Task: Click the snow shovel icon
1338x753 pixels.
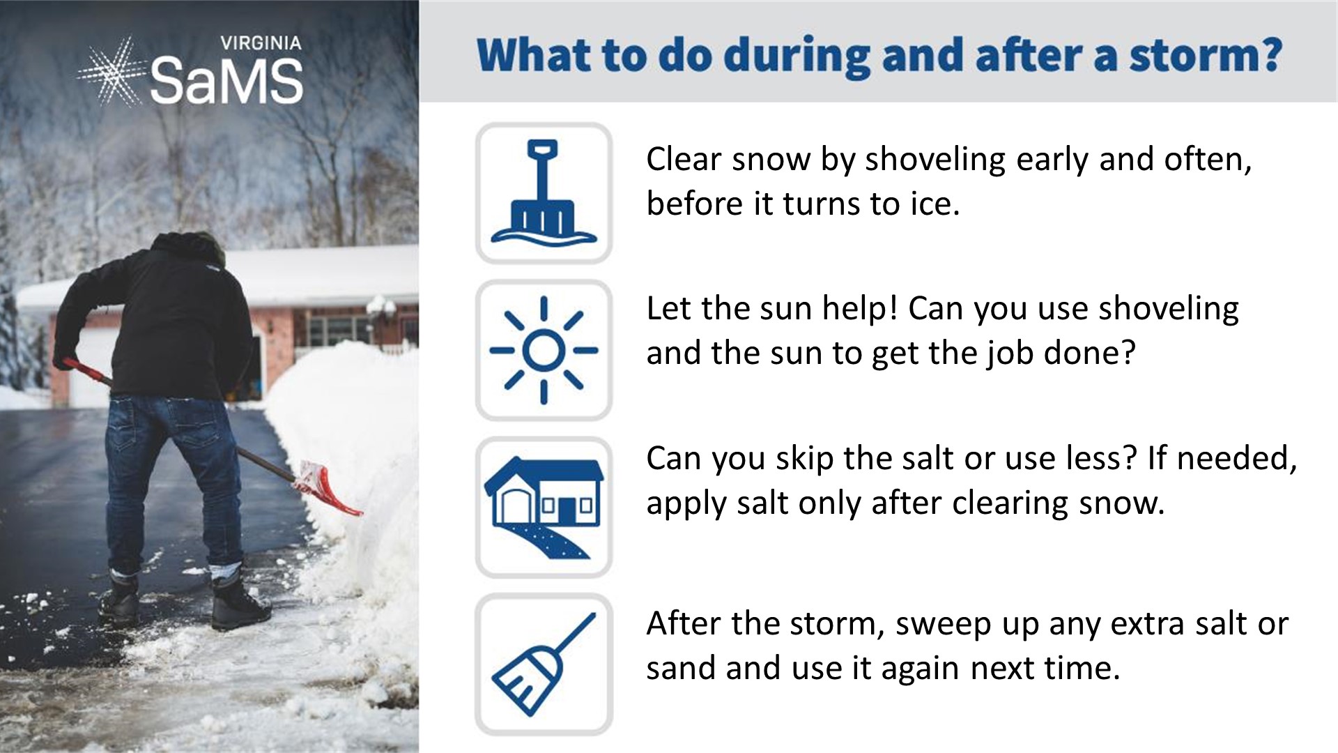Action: [544, 192]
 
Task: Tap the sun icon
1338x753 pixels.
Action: [544, 350]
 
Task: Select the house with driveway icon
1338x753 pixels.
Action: [544, 508]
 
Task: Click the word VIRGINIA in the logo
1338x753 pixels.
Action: [261, 43]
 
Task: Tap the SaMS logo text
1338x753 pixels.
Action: [226, 80]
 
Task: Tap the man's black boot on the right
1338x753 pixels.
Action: [240, 601]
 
